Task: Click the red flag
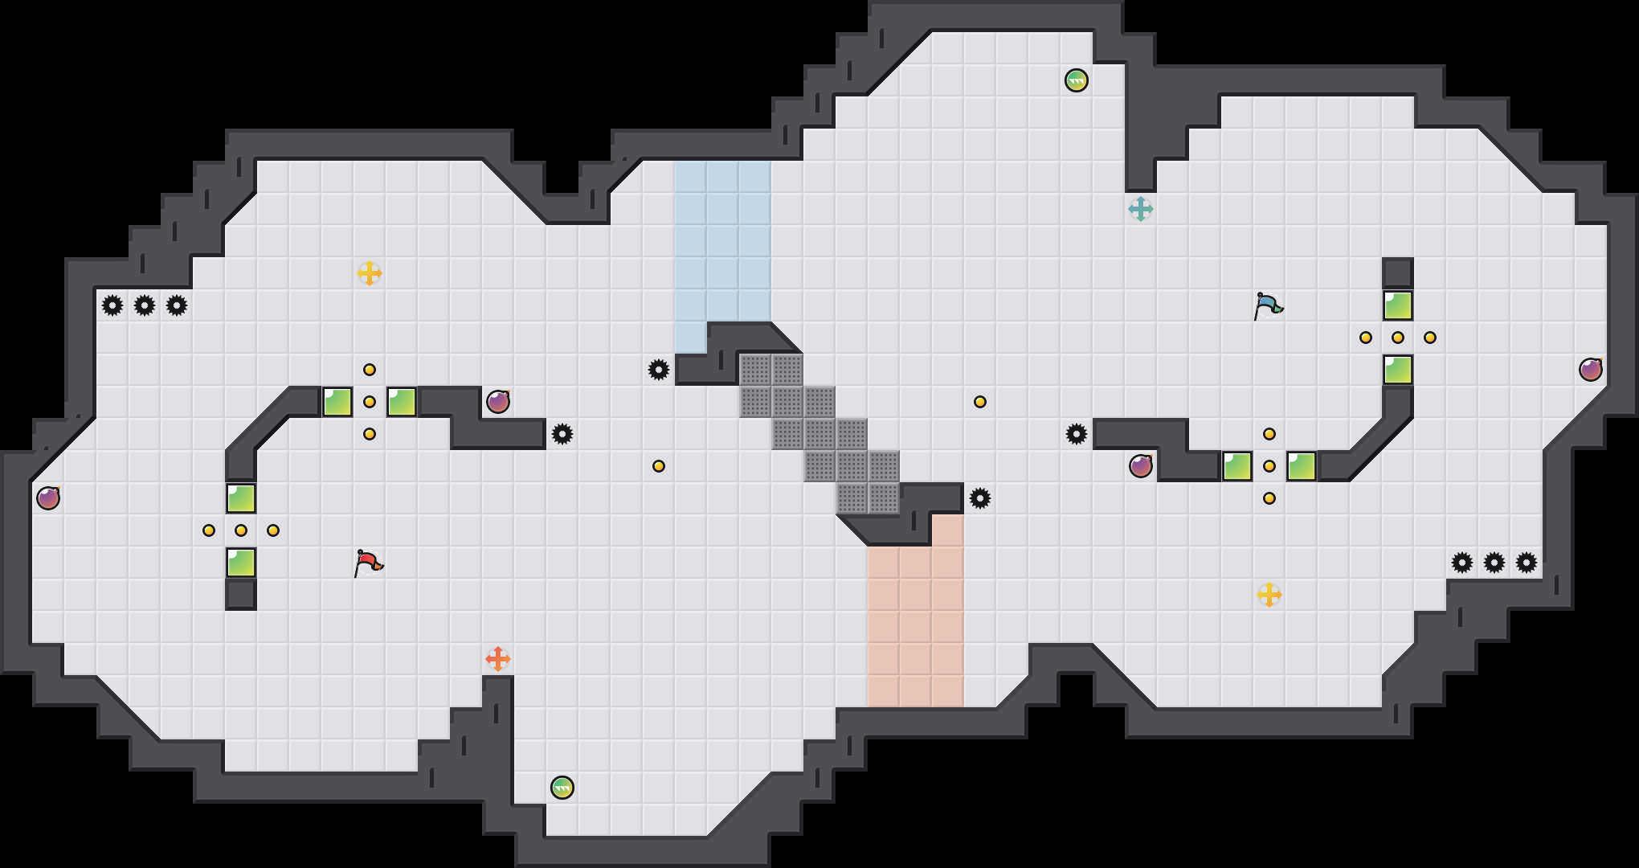point(368,563)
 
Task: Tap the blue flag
point(1268,305)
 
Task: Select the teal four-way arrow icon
point(1140,209)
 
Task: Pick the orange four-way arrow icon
point(497,659)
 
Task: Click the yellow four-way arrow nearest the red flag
point(369,273)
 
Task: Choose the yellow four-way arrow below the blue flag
point(1269,595)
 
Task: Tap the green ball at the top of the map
point(1076,80)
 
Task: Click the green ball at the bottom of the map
point(562,788)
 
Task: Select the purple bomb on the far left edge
point(48,498)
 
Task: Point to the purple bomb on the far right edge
point(1590,370)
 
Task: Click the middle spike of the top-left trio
point(145,305)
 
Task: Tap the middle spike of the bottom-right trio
point(1494,563)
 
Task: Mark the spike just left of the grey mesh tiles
point(658,370)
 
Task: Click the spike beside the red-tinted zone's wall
point(979,498)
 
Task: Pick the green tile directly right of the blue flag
point(1397,305)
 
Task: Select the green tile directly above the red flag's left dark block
point(241,563)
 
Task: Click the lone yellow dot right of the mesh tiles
point(979,402)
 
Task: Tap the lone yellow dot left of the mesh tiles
point(658,466)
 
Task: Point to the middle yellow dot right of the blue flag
point(1397,338)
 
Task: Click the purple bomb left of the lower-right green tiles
point(1140,466)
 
